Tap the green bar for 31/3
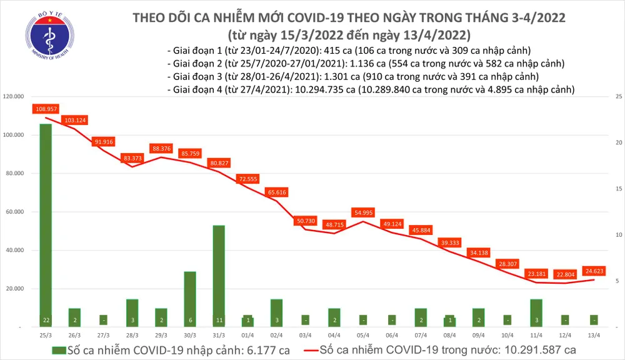tap(219, 275)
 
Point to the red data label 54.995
tap(364, 213)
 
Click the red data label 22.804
tap(563, 274)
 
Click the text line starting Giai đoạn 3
tap(352, 76)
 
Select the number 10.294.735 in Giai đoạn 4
tap(319, 90)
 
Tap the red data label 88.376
tap(161, 149)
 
